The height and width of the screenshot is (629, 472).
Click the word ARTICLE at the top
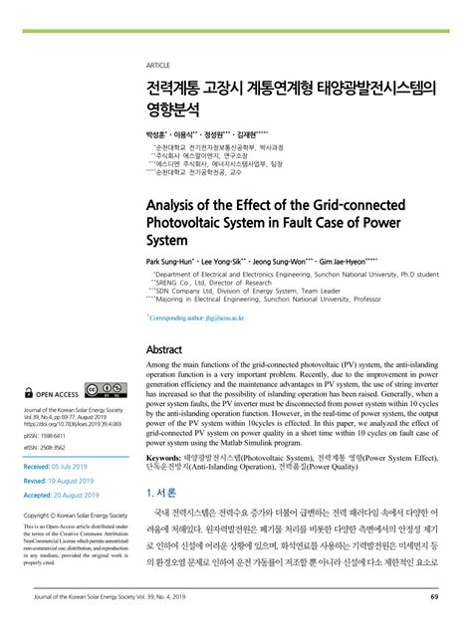point(159,66)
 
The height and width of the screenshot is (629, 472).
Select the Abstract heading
point(164,350)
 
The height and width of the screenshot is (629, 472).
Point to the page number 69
point(434,596)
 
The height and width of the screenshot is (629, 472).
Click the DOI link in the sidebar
point(70,423)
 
